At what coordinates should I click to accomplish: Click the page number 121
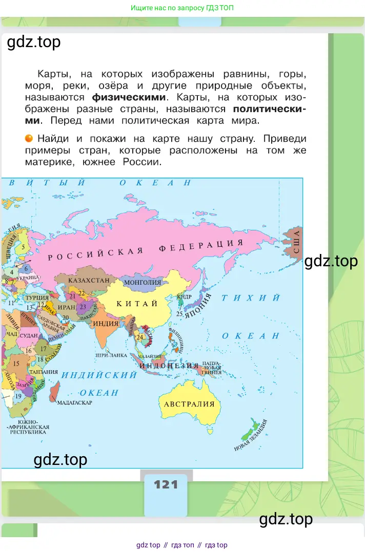(x=166, y=484)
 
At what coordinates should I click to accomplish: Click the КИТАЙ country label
(x=137, y=304)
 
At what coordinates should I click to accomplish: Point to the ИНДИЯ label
(x=106, y=324)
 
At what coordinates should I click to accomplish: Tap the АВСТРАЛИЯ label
(x=189, y=404)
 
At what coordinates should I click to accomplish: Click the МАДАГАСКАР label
(x=75, y=402)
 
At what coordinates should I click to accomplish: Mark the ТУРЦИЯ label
(x=37, y=297)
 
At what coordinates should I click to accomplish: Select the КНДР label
(x=184, y=296)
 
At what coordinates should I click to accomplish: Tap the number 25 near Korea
(x=179, y=313)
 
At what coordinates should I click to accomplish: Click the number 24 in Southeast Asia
(x=140, y=337)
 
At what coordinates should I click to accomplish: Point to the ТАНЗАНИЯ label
(x=44, y=372)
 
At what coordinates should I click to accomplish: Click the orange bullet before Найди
(x=29, y=138)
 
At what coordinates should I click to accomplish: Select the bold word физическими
(x=129, y=97)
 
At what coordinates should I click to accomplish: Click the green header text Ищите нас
(x=182, y=8)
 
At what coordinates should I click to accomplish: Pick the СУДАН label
(x=30, y=335)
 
